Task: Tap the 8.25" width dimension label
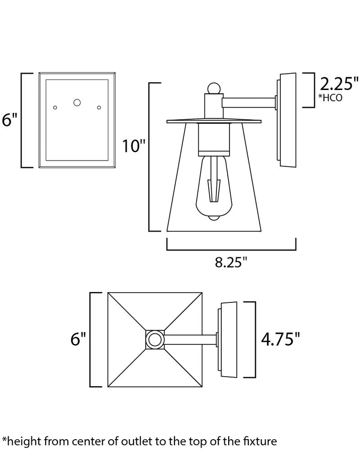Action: pyautogui.click(x=231, y=263)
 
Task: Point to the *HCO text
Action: pyautogui.click(x=330, y=98)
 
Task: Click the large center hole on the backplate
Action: pyautogui.click(x=77, y=102)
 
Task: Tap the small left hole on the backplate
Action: pyautogui.click(x=55, y=107)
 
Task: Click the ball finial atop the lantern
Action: pyautogui.click(x=213, y=88)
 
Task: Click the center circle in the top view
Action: pyautogui.click(x=155, y=339)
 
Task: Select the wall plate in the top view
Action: pyautogui.click(x=229, y=339)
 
